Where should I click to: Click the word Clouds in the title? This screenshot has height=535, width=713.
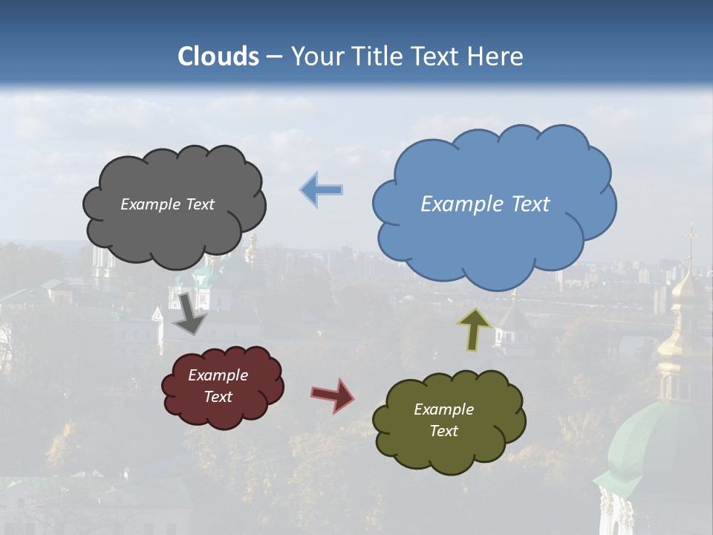[218, 56]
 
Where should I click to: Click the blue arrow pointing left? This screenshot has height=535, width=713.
[322, 190]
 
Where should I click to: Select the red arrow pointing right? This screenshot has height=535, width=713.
[333, 395]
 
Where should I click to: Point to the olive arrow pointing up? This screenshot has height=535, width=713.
[475, 329]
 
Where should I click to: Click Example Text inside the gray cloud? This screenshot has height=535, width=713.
[167, 204]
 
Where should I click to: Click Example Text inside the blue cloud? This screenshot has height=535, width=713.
[485, 204]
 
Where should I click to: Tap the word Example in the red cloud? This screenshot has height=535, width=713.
[218, 375]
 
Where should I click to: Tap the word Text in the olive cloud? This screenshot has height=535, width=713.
[443, 431]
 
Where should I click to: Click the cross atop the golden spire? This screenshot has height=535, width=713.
[691, 236]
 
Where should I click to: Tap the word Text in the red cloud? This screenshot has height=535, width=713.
[218, 397]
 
